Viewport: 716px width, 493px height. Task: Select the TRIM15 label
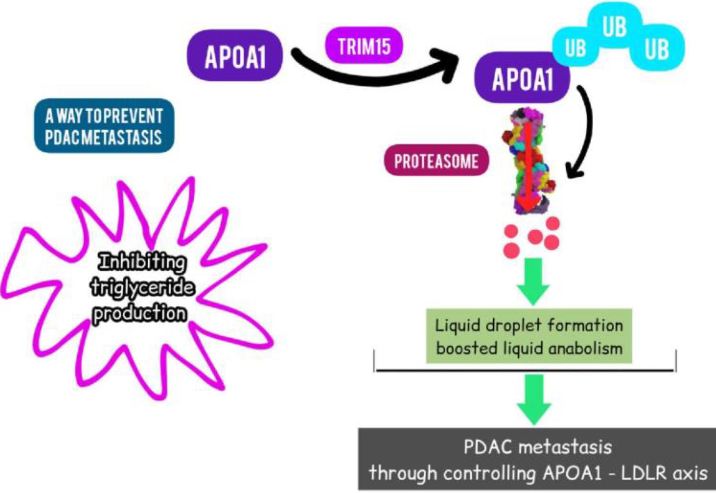pos(364,46)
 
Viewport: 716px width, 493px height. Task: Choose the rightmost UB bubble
pos(657,49)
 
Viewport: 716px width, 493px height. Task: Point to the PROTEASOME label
pos(436,161)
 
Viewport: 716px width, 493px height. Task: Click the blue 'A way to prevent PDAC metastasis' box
pos(104,126)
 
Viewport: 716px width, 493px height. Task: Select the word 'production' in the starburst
pos(140,313)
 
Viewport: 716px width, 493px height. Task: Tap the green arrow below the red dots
pos(533,281)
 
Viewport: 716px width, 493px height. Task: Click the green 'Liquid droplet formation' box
pos(529,336)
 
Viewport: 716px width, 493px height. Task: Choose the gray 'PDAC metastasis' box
pos(537,459)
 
